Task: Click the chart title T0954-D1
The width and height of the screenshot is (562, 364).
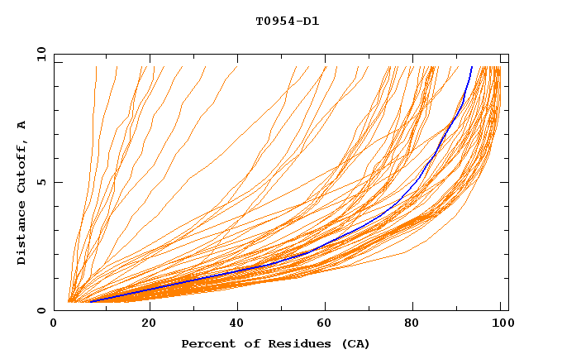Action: [287, 21]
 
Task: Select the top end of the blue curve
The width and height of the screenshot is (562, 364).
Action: [471, 67]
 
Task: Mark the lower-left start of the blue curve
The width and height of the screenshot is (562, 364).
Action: [90, 302]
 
